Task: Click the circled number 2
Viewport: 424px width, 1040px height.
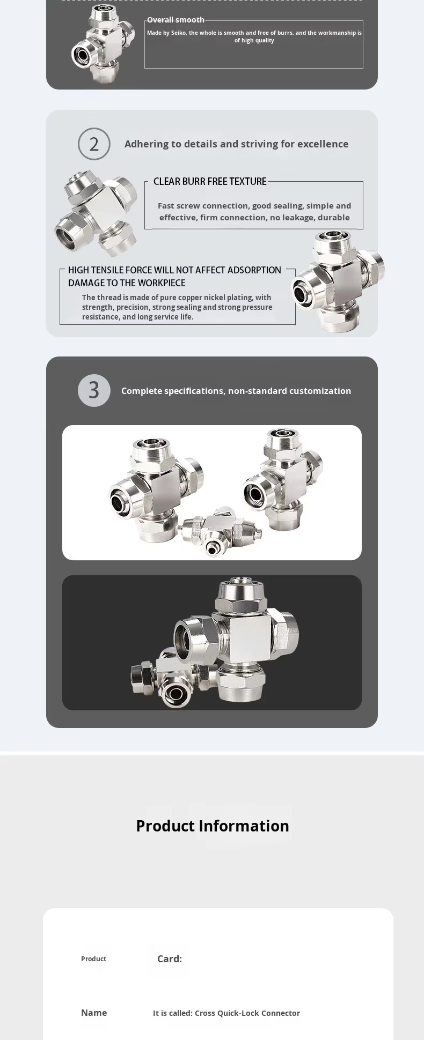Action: point(94,144)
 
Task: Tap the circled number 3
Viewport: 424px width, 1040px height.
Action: point(94,390)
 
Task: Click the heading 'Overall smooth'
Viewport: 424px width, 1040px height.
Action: point(176,20)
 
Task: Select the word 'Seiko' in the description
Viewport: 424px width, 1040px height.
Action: point(179,33)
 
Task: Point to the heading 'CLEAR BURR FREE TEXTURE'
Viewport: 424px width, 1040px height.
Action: point(210,181)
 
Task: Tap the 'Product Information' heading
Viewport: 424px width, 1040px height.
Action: point(213,826)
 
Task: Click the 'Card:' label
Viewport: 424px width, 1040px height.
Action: point(170,959)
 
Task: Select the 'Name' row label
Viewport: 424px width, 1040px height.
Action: point(94,1013)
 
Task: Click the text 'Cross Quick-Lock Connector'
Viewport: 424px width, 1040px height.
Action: point(247,1013)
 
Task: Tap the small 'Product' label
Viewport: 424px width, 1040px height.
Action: point(93,959)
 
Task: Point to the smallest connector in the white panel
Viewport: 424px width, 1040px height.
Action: point(221,531)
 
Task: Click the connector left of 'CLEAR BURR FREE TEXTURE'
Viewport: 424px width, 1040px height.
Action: point(97,212)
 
